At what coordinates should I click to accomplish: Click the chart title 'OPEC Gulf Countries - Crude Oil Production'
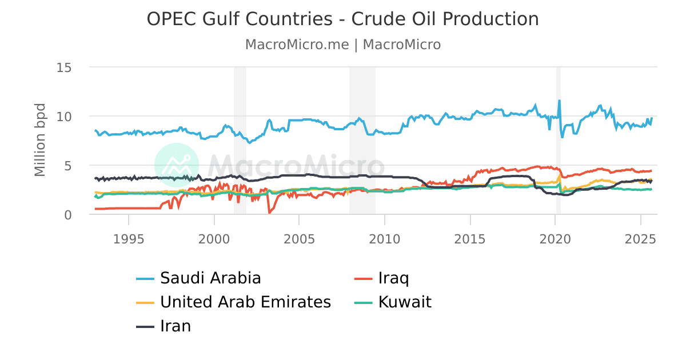342,19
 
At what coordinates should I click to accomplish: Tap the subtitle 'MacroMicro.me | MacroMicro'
342,45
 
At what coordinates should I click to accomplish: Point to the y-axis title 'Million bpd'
39,140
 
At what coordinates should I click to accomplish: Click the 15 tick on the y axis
63,67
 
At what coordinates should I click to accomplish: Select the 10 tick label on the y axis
63,117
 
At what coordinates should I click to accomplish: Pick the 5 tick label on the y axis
67,166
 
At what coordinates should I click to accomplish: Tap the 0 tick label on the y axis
67,215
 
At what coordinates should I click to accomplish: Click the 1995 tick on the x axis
129,237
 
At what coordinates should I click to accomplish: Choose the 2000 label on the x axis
214,237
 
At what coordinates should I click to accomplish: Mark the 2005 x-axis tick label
300,237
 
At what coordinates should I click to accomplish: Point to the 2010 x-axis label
385,237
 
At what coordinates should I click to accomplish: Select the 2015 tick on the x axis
470,237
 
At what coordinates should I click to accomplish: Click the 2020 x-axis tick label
556,237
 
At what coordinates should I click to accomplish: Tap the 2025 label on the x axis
641,237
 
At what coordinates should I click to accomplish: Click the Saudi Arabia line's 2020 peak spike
559,101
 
